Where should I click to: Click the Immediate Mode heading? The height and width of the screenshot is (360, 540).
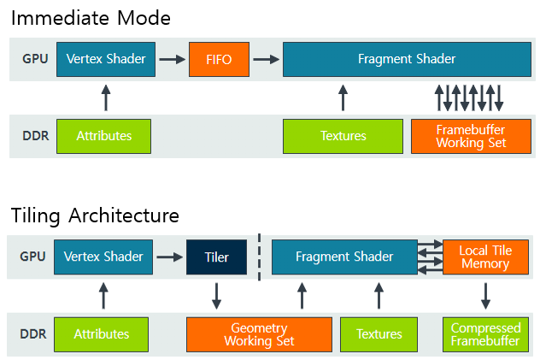pos(91,17)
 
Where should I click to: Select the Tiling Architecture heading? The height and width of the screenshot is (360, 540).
pos(95,214)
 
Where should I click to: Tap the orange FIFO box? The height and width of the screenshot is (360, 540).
pos(217,60)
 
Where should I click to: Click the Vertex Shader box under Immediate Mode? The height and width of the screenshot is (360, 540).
pos(106,60)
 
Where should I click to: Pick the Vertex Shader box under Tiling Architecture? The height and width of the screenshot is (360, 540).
pos(103,257)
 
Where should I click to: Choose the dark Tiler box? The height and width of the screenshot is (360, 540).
pos(217,257)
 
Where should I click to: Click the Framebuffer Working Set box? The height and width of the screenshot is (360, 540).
pos(471,136)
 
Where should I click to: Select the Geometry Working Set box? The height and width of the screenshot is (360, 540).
pos(259,334)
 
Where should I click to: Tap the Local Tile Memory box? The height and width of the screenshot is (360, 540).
pos(485,257)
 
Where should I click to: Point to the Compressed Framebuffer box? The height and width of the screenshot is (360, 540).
pos(485,334)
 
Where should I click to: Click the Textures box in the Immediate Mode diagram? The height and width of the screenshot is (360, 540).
pos(343,136)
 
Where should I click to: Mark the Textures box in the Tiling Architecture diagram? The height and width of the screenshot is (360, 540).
pos(379,334)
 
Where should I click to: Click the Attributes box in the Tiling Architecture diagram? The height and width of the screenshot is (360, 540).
pos(101,334)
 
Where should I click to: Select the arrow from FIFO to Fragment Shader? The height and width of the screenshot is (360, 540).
pos(267,60)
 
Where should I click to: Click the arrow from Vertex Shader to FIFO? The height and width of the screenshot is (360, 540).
pos(172,60)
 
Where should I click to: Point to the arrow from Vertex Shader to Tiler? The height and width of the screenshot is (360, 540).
pos(169,257)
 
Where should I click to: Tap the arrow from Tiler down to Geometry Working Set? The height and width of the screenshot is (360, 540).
pos(217,296)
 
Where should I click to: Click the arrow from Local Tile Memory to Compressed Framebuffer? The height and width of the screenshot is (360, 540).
pos(485,296)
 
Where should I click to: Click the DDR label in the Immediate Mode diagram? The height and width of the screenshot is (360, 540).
pos(33,136)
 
